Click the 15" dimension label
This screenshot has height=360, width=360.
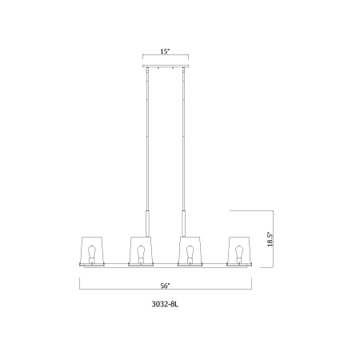[x=166, y=51]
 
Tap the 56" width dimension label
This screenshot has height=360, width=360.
[x=166, y=286]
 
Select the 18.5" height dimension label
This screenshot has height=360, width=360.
[x=270, y=239]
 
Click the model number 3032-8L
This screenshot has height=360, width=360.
[x=165, y=305]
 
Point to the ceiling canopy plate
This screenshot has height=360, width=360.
[x=166, y=66]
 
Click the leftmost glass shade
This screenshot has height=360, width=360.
[x=91, y=250]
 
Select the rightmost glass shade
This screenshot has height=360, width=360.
[x=239, y=250]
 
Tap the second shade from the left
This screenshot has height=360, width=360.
[x=141, y=250]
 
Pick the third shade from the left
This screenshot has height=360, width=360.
[x=190, y=250]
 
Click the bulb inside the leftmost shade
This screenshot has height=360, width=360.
[x=92, y=254]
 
